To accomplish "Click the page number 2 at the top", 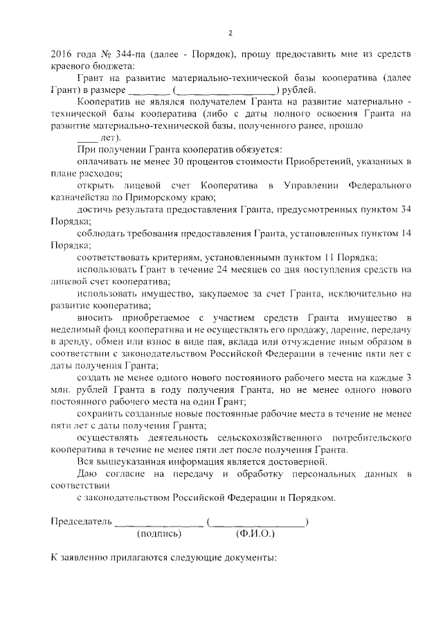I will click(231, 33).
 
